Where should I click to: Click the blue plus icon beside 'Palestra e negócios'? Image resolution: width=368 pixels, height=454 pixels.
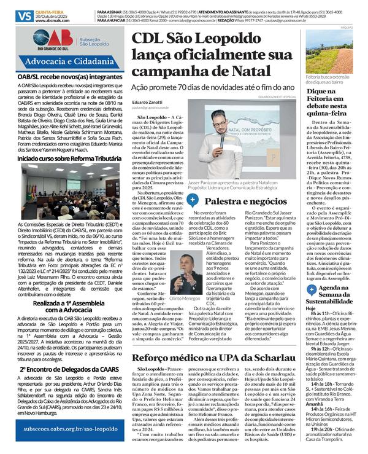(192, 183)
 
